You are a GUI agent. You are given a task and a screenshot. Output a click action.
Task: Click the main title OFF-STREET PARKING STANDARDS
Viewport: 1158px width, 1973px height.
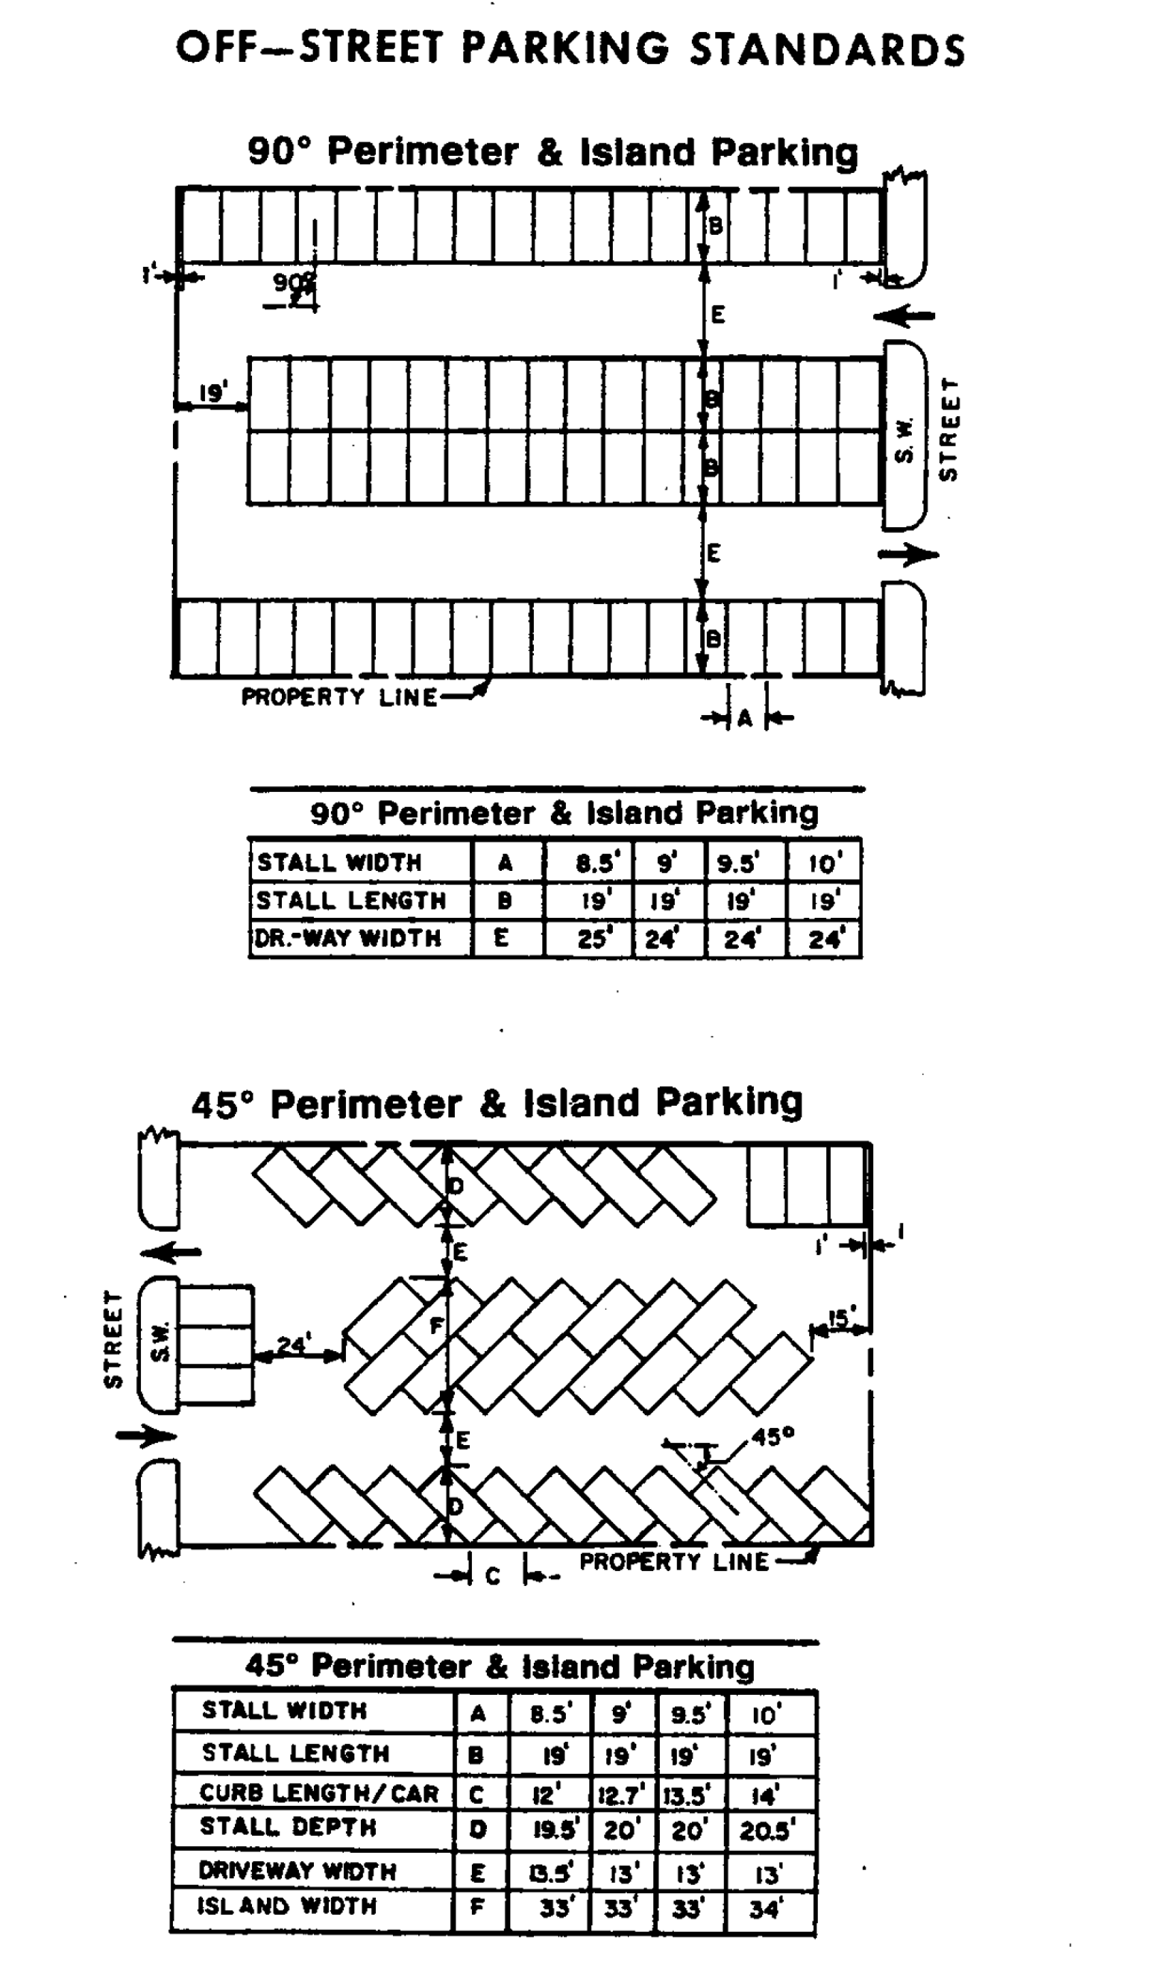click(x=570, y=49)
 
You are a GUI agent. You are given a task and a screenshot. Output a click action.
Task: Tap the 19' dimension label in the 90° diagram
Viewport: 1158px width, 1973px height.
click(x=212, y=392)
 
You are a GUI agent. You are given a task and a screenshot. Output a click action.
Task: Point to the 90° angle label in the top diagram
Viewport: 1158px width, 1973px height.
click(x=294, y=282)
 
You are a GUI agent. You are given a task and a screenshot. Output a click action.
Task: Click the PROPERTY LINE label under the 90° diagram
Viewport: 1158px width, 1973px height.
click(x=339, y=697)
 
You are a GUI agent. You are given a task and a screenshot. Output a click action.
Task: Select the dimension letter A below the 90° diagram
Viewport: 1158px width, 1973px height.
click(x=745, y=719)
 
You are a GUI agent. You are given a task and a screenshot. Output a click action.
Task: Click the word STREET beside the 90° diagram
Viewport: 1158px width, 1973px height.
click(x=948, y=428)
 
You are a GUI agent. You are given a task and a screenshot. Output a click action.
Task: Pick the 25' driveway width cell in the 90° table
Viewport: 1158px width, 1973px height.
click(x=592, y=938)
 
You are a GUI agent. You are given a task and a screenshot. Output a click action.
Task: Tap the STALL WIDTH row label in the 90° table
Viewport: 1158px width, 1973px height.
click(x=339, y=862)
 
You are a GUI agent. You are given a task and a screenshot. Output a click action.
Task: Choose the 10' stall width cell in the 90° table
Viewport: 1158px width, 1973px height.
click(x=825, y=862)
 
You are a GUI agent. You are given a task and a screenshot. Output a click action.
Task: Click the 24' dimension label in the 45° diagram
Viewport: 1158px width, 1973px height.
click(x=293, y=1344)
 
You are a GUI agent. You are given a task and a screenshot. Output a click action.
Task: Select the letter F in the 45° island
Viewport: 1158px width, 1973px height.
click(x=435, y=1326)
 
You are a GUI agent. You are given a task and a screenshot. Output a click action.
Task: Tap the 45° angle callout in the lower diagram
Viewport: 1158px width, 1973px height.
click(x=774, y=1436)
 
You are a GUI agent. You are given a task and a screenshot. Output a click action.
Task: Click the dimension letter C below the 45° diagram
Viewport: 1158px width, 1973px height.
click(x=493, y=1576)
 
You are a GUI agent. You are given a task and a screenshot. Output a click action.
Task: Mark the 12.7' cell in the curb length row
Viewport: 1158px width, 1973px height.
click(x=620, y=1794)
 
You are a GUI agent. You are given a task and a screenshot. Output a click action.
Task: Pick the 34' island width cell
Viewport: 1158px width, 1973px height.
click(x=768, y=1908)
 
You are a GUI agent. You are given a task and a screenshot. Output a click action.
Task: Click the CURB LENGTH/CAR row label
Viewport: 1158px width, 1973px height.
click(x=319, y=1794)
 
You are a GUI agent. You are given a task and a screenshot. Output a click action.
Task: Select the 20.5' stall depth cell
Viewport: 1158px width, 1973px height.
click(x=768, y=1831)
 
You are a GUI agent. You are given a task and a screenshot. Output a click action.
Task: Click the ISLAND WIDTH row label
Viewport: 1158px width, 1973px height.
click(x=287, y=1906)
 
